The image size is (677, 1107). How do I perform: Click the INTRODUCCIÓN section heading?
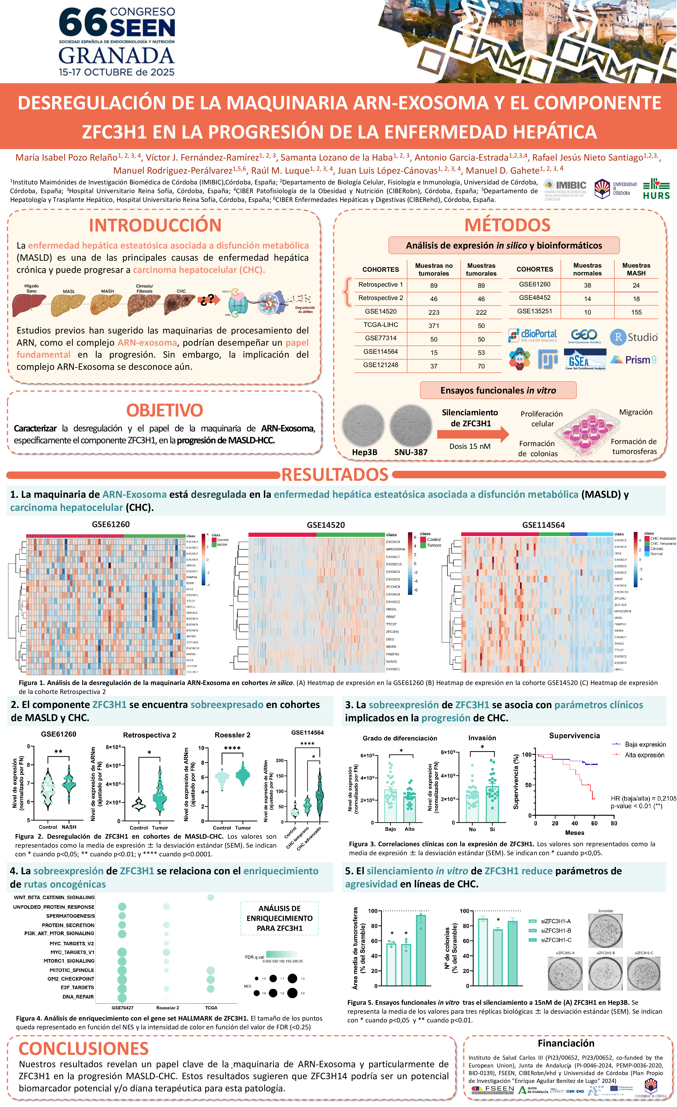click(155, 225)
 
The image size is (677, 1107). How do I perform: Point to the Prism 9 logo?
click(633, 360)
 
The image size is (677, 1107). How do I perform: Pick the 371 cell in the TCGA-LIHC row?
click(434, 326)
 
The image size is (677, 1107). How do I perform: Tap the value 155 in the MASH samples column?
click(636, 312)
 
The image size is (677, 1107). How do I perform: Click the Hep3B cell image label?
click(364, 452)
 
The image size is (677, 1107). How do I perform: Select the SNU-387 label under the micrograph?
click(411, 452)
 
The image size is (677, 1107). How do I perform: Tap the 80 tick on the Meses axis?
click(614, 824)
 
